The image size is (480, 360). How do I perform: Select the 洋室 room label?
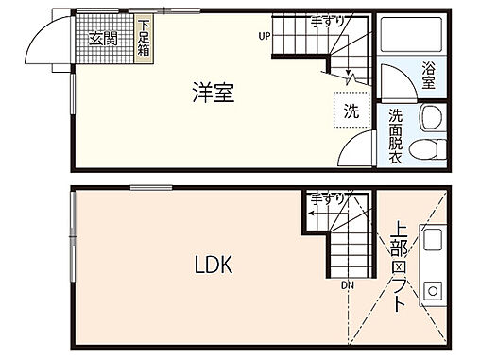(214, 94)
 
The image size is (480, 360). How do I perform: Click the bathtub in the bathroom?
(410, 39)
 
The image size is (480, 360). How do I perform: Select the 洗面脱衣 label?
(396, 136)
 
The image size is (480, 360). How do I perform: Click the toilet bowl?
(429, 147)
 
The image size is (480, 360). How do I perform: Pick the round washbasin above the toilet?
(430, 118)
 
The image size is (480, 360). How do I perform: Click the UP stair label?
(265, 37)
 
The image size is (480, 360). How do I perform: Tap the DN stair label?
(349, 282)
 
